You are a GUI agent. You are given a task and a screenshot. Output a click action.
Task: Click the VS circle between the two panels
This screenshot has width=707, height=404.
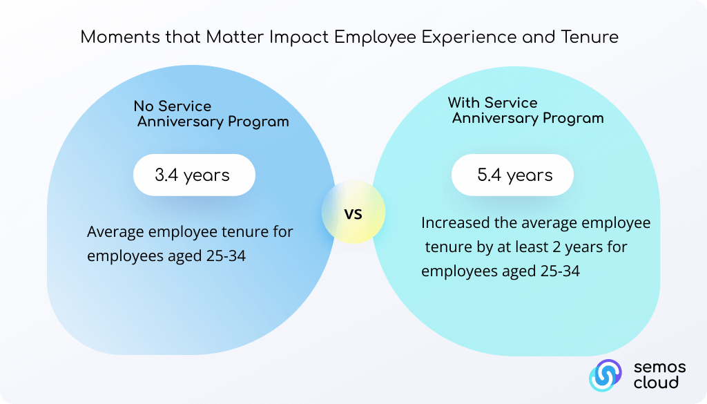[x=353, y=212]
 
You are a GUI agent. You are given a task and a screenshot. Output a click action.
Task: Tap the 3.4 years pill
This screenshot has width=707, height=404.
[x=194, y=175]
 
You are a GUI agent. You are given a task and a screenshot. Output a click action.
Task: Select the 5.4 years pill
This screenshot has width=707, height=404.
[x=513, y=175]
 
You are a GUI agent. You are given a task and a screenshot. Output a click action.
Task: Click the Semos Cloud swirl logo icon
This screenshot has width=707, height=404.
[x=605, y=375]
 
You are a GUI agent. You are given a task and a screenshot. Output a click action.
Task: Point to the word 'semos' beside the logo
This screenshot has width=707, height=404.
[x=659, y=367]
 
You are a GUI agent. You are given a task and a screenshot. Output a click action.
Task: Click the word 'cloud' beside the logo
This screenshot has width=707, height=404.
[x=656, y=383]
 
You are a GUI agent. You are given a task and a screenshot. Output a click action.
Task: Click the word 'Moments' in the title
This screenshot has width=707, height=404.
[x=120, y=37]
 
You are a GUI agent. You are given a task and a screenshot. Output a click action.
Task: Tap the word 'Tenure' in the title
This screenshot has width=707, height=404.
[x=590, y=37]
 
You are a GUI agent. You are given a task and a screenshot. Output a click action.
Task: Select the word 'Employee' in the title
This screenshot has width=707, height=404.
[x=375, y=37]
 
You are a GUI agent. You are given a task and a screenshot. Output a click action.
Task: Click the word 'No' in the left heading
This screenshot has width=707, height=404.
[x=144, y=106]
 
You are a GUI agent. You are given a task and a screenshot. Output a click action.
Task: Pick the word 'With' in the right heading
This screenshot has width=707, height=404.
[x=463, y=102]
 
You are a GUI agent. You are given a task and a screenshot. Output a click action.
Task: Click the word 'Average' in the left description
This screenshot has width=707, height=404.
[x=115, y=232]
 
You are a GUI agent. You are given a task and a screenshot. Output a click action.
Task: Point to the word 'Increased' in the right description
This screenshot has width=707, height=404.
[x=455, y=223]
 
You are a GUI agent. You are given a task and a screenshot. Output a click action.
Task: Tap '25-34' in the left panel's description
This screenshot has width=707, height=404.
[x=226, y=256]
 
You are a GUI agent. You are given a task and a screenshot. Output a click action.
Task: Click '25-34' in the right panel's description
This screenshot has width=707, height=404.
[x=560, y=271]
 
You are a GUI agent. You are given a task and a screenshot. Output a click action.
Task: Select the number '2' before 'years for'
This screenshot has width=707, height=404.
[x=556, y=247]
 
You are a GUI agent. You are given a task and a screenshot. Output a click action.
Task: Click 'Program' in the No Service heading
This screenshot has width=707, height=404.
[x=258, y=122]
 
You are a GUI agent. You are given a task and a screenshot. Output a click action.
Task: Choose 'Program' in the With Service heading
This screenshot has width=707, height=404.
[x=573, y=118]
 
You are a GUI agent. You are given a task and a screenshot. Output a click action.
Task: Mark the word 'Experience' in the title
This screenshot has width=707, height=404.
[x=469, y=37]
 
